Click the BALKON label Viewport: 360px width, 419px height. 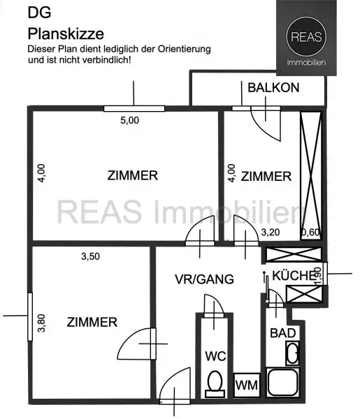(273, 87)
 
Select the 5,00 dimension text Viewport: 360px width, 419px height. (130, 120)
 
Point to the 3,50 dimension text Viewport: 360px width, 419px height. (90, 256)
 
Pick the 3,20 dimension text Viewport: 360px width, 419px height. (271, 232)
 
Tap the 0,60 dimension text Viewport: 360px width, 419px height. (310, 232)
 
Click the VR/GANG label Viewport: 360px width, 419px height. (203, 279)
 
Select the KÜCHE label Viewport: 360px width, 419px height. (294, 275)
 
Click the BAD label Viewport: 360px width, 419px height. (282, 333)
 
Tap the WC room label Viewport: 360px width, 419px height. (214, 356)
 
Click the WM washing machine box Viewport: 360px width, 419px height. (245, 385)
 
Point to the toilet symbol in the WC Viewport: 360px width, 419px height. (215, 383)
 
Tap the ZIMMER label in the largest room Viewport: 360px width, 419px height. (132, 175)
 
